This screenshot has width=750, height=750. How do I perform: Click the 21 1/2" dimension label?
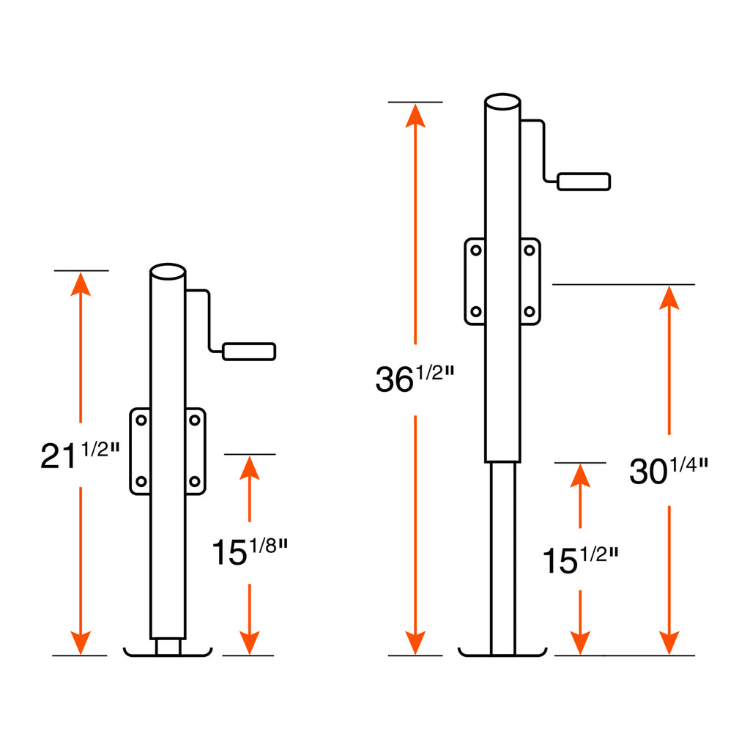[80, 455]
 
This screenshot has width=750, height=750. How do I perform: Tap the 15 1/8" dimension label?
[249, 552]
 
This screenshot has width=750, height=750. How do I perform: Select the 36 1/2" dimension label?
[415, 379]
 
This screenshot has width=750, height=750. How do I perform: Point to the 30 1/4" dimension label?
[669, 471]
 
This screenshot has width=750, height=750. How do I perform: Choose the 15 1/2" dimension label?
[580, 560]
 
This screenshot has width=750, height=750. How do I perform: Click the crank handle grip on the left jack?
[249, 352]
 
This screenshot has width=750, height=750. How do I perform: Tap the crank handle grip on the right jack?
[584, 182]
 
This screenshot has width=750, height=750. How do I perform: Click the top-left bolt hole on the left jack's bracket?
[141, 420]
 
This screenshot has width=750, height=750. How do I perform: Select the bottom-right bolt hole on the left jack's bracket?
[195, 481]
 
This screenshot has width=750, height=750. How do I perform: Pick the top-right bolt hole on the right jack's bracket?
[530, 250]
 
